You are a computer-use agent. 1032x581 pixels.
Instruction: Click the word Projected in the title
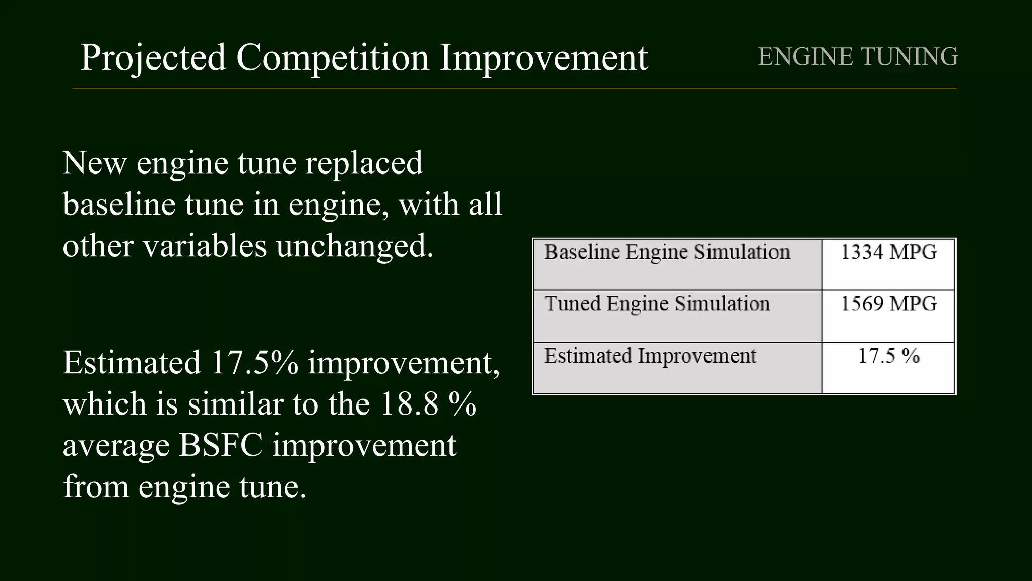click(153, 57)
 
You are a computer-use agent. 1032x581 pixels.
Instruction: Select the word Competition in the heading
click(333, 57)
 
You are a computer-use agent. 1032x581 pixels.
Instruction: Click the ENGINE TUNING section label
click(858, 56)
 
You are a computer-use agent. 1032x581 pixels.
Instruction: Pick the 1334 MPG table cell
click(888, 252)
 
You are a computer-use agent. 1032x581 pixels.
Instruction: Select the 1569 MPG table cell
click(888, 304)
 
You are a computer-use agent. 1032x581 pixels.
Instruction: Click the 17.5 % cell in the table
click(888, 356)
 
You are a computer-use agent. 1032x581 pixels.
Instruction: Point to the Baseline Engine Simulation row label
click(667, 252)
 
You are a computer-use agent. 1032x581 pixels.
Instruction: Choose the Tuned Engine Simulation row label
click(658, 304)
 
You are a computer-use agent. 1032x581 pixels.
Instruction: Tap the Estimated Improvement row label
click(650, 356)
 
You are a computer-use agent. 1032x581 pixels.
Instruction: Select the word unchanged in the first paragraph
click(355, 246)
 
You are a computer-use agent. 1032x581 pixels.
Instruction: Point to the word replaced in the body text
click(364, 163)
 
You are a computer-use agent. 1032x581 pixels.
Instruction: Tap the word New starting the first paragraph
click(94, 163)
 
